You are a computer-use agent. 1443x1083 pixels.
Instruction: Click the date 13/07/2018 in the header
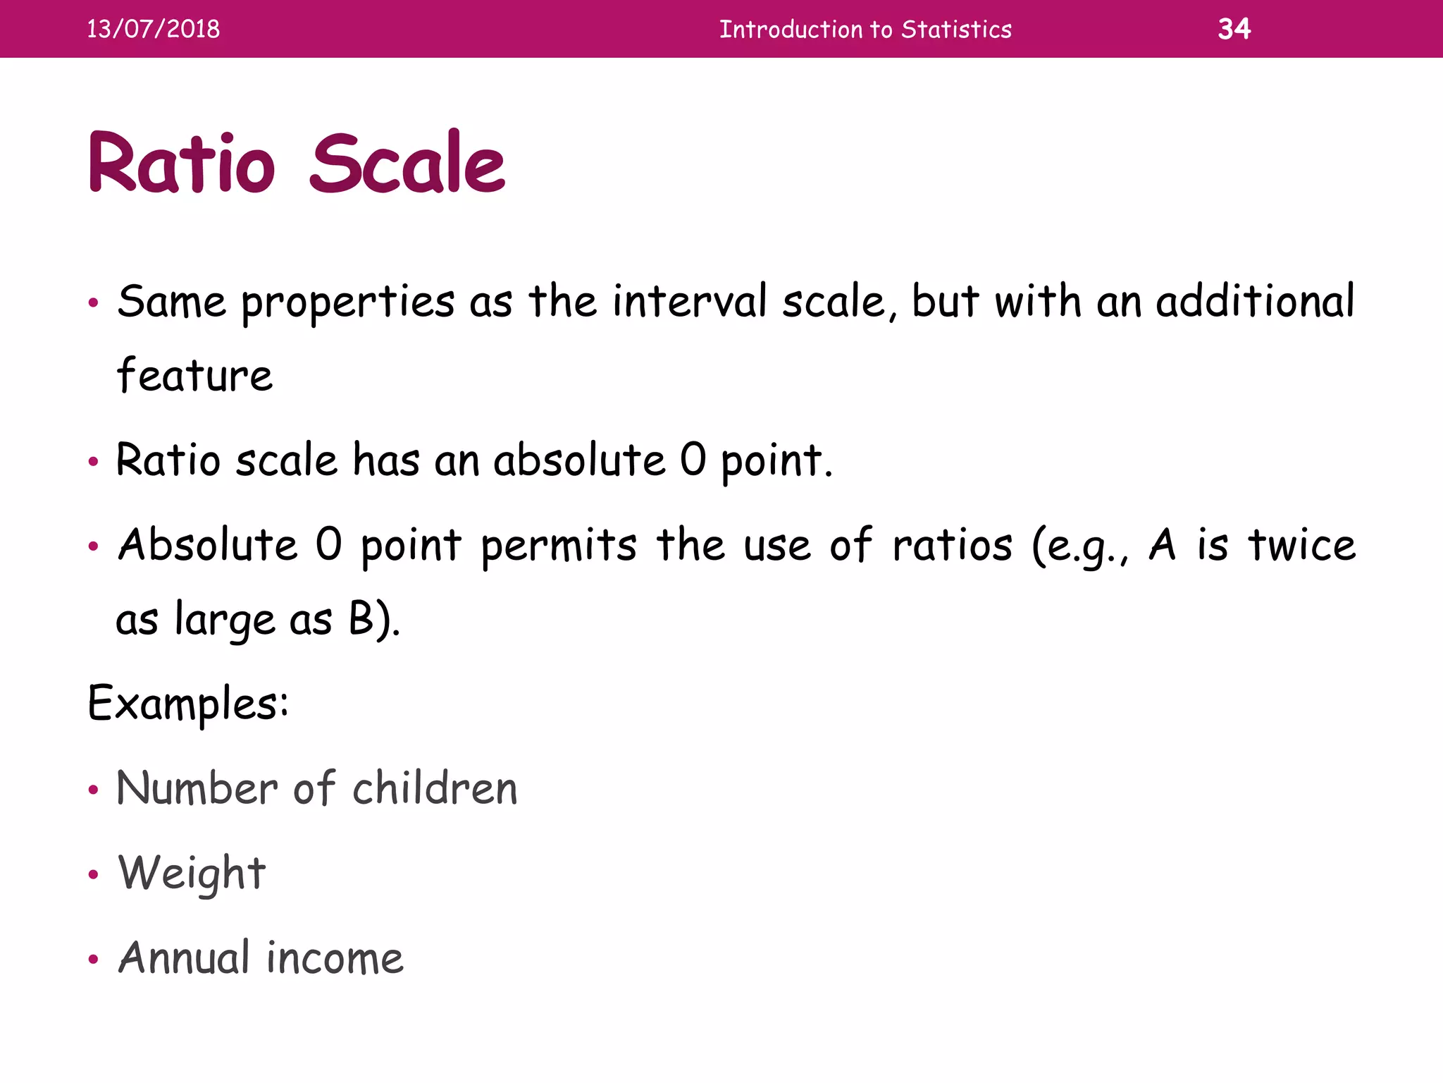tap(153, 29)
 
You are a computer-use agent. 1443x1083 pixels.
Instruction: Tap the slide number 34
tap(1234, 29)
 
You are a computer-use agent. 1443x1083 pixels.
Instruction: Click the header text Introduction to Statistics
tap(865, 30)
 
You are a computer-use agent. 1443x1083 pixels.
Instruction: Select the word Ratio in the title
tap(181, 164)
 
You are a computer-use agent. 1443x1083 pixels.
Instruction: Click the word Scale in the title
tap(407, 164)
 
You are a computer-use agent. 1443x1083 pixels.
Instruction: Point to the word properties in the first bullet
tap(348, 304)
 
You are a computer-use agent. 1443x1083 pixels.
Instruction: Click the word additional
tap(1255, 301)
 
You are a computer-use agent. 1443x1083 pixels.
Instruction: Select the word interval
tap(689, 301)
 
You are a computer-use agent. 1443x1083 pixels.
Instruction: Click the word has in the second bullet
tap(386, 460)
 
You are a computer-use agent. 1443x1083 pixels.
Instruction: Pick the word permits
tap(559, 546)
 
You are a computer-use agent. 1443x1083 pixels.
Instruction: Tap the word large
tap(225, 620)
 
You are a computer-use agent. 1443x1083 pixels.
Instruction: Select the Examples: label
tap(188, 704)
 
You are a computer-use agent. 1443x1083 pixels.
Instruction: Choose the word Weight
tap(192, 874)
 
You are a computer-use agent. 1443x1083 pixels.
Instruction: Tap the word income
tap(335, 959)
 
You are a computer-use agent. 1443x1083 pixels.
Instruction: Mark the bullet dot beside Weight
tap(93, 876)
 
